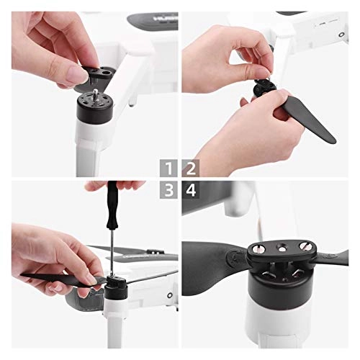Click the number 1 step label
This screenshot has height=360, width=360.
pyautogui.click(x=168, y=171)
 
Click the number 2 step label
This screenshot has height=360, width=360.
pyautogui.click(x=192, y=171)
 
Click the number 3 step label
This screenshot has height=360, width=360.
pyautogui.click(x=168, y=190)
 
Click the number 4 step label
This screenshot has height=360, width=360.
pyautogui.click(x=192, y=190)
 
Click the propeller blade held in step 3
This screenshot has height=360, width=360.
pyautogui.click(x=50, y=278)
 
